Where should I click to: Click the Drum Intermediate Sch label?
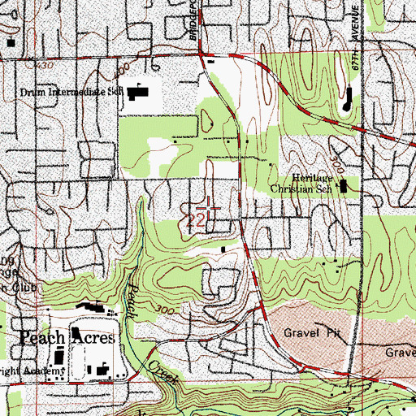coord(70,92)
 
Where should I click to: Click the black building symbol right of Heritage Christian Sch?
coord(343,187)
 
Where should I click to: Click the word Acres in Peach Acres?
coord(93,337)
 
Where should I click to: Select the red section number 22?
coord(195,219)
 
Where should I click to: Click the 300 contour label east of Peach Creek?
coord(168,311)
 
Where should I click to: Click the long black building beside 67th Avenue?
coord(348,101)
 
